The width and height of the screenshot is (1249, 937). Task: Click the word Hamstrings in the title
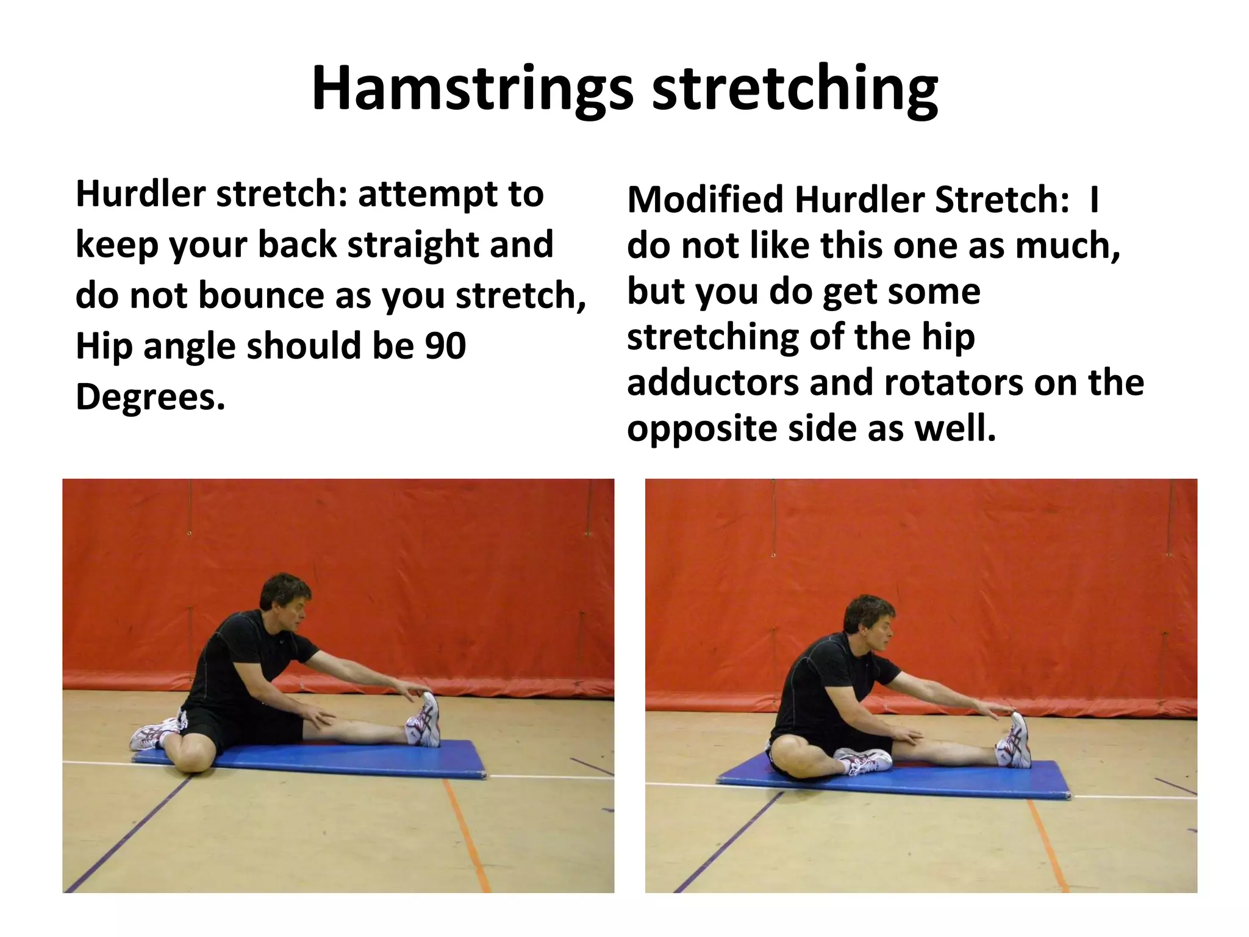tap(473, 90)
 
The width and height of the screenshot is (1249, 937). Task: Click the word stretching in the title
tap(795, 90)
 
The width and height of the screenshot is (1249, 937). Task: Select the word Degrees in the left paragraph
tap(150, 397)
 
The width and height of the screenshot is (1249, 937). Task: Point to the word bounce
tap(262, 296)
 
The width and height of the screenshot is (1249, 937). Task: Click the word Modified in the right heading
tap(705, 200)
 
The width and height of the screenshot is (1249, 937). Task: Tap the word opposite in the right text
tap(701, 429)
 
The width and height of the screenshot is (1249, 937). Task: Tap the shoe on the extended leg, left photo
tap(424, 720)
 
